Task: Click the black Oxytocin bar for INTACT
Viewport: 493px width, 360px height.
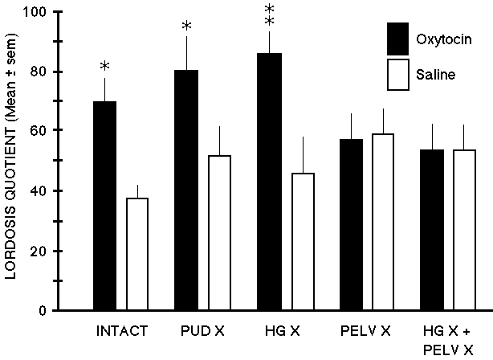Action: tap(104, 205)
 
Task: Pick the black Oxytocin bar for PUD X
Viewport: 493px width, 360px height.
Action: tap(186, 190)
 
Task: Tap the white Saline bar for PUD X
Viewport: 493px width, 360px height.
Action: tap(219, 232)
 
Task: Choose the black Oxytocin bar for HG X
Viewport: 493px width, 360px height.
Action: tap(269, 181)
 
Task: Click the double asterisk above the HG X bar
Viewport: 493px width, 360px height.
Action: tap(269, 14)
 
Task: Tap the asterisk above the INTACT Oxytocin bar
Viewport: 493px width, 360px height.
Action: tap(104, 66)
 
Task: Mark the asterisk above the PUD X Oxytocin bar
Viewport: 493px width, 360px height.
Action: tap(186, 27)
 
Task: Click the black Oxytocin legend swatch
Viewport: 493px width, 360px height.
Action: tap(399, 38)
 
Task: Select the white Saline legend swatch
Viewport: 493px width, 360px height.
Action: tap(399, 74)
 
